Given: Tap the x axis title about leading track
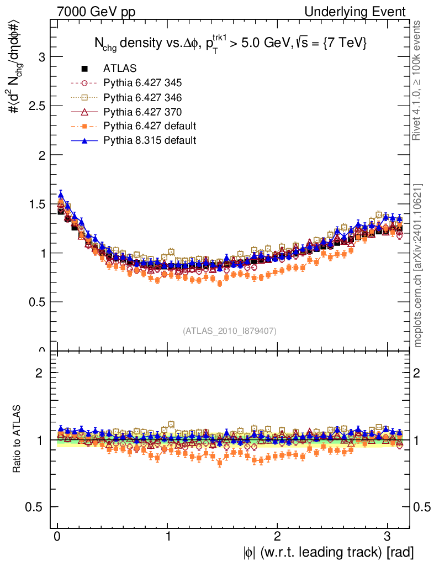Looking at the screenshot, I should pyautogui.click(x=328, y=552).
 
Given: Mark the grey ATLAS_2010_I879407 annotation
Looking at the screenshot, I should pyautogui.click(x=229, y=331).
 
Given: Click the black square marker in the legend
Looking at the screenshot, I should pyautogui.click(x=85, y=69).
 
